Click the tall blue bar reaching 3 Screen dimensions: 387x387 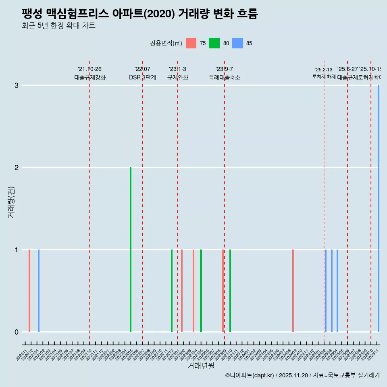379,208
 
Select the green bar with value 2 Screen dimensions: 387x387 131,250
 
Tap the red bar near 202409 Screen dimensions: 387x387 293,291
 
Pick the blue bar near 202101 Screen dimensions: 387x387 39,291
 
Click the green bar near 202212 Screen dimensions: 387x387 172,291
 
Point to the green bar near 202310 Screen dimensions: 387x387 230,291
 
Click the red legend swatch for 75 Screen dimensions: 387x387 191,43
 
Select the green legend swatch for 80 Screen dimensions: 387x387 214,43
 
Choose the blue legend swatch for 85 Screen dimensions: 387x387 238,43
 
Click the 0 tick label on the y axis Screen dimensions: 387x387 17,332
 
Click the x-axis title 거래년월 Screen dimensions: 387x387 201,366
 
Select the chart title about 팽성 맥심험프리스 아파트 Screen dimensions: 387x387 139,14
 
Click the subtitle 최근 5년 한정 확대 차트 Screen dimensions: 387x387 58,26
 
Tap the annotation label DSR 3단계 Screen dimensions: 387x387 142,77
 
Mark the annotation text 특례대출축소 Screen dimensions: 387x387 224,77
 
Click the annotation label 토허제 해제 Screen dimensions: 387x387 324,76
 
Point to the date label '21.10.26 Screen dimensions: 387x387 89,69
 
